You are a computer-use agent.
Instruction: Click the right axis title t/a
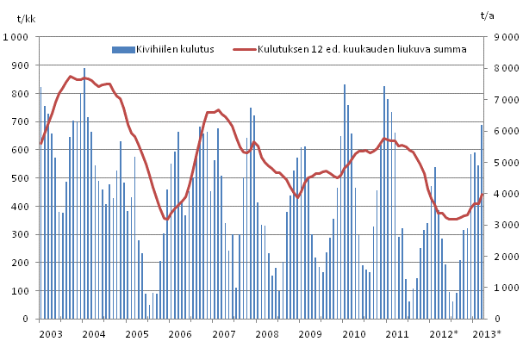point(488,15)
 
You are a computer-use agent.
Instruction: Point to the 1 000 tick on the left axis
point(17,38)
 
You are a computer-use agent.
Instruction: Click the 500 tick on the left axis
point(22,178)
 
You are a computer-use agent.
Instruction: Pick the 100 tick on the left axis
point(22,291)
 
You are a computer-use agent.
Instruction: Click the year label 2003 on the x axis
point(50,332)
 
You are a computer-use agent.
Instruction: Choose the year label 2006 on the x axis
point(180,332)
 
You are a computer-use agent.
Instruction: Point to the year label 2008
point(267,332)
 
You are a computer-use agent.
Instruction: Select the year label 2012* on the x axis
point(443,332)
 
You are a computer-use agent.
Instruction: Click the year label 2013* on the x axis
point(487,332)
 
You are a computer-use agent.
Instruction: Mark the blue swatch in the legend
point(129,48)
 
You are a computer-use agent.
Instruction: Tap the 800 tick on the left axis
point(22,94)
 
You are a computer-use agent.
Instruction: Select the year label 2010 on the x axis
point(354,332)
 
